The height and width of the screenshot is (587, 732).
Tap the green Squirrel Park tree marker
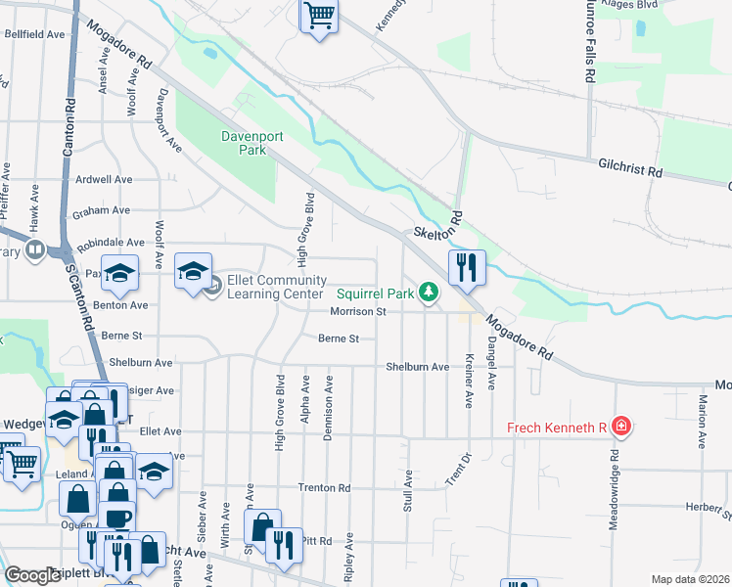428,292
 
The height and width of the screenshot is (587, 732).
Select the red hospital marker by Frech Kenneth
619,427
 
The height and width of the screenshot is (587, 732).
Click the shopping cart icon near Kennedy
319,17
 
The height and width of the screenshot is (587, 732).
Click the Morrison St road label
358,312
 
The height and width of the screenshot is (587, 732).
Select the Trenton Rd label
324,487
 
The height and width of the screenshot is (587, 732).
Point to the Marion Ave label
703,422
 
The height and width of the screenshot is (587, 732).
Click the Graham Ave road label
102,210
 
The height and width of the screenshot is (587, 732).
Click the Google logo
32,575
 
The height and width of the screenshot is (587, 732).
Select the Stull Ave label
408,490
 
